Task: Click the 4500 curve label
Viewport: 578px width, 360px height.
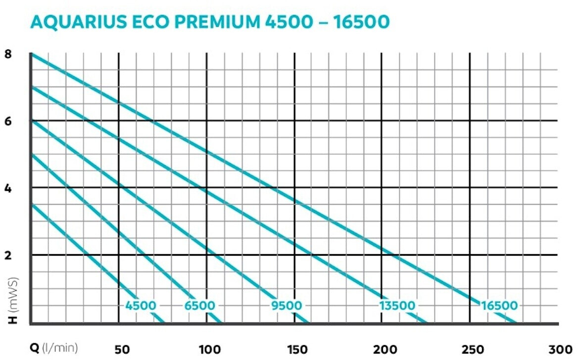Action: click(141, 306)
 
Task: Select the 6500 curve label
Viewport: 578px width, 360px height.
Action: click(200, 306)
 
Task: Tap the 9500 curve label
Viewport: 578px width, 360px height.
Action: click(286, 306)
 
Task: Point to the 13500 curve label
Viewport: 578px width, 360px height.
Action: click(397, 306)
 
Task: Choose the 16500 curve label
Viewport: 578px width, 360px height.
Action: click(499, 306)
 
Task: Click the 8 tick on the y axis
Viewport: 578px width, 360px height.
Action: click(8, 55)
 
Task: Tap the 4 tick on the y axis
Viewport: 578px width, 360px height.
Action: click(8, 189)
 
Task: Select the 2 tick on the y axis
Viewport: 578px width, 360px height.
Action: click(8, 256)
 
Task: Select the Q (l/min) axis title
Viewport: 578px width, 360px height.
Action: click(54, 349)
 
